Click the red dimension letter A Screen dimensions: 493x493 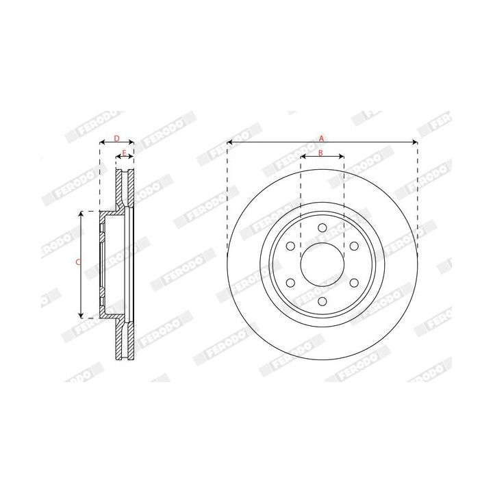pos(321,138)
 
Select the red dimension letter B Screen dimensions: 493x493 pos(321,152)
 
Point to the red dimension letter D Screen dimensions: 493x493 pos(116,138)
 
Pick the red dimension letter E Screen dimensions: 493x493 pos(124,152)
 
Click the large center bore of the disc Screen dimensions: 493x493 pos(322,264)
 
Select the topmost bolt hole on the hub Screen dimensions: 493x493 pos(322,227)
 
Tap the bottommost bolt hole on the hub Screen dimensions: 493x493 pos(322,301)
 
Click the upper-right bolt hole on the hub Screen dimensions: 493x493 pos(354,246)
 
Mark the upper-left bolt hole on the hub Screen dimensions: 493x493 pos(290,246)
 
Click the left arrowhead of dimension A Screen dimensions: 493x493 pos(229,142)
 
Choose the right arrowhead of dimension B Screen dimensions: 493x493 pos(342,157)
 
